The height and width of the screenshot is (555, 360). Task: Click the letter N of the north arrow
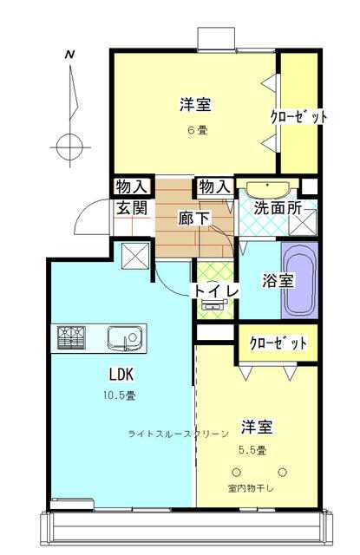70,55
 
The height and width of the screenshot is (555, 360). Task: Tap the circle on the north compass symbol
70,147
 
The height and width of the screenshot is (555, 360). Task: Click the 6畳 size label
198,130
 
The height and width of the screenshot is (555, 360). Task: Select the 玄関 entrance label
132,208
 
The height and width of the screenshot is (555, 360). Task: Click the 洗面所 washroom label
278,208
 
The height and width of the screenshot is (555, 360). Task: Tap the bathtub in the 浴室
299,280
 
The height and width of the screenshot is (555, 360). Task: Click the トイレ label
215,291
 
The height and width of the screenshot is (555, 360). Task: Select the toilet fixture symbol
213,304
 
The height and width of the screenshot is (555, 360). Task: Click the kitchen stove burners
71,337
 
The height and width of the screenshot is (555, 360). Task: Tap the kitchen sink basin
125,338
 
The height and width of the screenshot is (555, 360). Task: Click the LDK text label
121,374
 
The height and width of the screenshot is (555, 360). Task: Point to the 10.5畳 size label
120,395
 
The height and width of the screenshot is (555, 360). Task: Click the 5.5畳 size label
252,450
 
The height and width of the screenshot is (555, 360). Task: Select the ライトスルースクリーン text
178,434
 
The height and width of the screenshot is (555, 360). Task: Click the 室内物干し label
251,489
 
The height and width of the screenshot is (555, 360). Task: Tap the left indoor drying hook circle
236,472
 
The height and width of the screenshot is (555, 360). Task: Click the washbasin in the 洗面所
267,190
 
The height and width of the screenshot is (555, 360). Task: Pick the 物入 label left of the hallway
132,186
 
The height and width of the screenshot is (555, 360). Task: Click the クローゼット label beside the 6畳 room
298,116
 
